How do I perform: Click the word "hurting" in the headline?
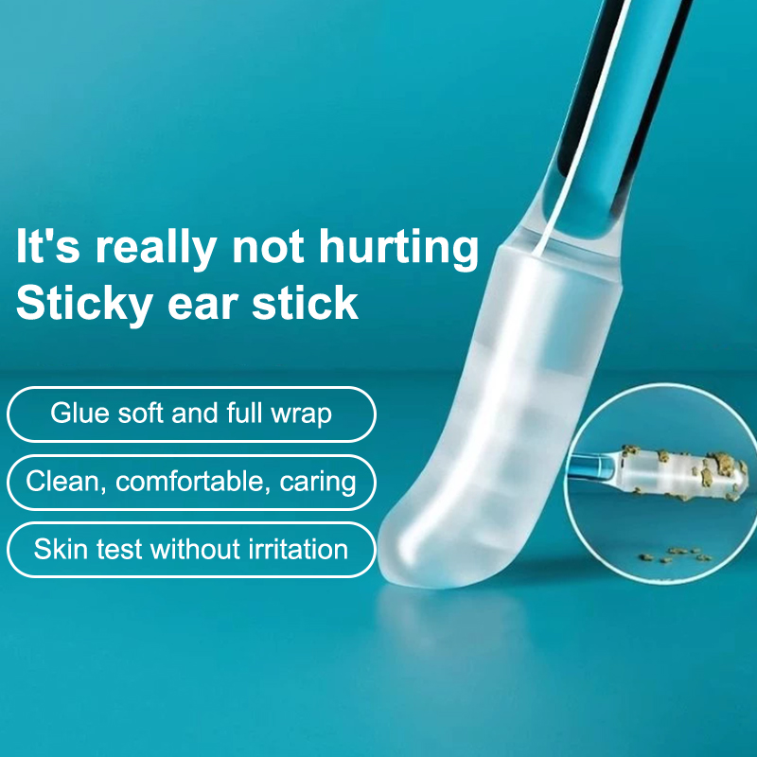[398, 248]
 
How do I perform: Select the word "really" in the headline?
[156, 248]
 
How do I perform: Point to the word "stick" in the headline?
[305, 302]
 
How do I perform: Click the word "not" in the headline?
[268, 248]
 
